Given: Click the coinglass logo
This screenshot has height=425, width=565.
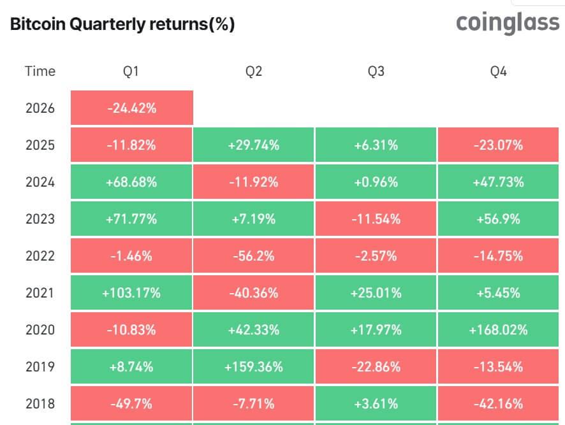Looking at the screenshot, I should point(508,24).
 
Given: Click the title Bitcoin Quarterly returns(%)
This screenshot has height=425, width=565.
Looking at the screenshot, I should point(122,24).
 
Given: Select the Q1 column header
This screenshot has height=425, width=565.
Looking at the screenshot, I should point(131,71).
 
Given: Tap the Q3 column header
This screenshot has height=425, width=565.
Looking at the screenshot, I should point(376,71).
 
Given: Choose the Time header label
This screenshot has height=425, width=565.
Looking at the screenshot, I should point(40,71).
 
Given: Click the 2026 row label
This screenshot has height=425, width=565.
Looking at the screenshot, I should point(40,108).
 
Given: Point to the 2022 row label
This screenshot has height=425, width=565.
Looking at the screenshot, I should point(40,256).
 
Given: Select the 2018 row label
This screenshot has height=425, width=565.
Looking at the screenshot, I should point(40,404).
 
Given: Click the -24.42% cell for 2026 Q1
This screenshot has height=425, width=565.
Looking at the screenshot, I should point(131,108).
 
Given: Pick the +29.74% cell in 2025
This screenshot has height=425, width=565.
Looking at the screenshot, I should point(254,145).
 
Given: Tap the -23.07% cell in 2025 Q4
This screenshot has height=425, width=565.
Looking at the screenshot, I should point(499,145).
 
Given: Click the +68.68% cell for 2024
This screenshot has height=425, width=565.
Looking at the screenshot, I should point(131,182).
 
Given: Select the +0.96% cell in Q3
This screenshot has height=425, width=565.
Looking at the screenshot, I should point(376,182).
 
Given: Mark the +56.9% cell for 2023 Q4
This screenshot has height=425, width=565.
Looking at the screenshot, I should point(499,219).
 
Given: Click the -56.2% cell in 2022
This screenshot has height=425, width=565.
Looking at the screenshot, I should point(254,256).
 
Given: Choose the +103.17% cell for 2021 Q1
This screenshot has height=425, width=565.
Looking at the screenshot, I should point(131,293).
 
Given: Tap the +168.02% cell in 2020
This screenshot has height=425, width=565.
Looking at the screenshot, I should point(499,330).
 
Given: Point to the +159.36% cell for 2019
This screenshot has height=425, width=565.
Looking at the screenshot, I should point(254,367).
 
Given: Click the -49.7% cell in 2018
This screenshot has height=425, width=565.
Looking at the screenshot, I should point(131,404).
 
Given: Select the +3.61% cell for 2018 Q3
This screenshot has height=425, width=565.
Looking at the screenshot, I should point(376,404).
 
